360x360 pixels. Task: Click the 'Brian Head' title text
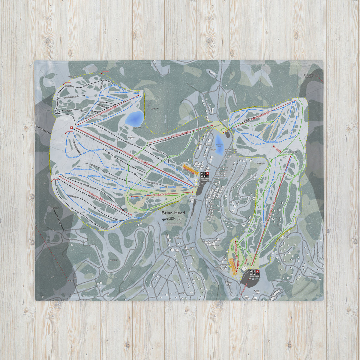[173, 213]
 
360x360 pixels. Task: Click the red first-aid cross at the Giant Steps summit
[71, 128]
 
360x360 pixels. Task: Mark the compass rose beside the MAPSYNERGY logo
[179, 220]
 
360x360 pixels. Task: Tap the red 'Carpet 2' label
[277, 149]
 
